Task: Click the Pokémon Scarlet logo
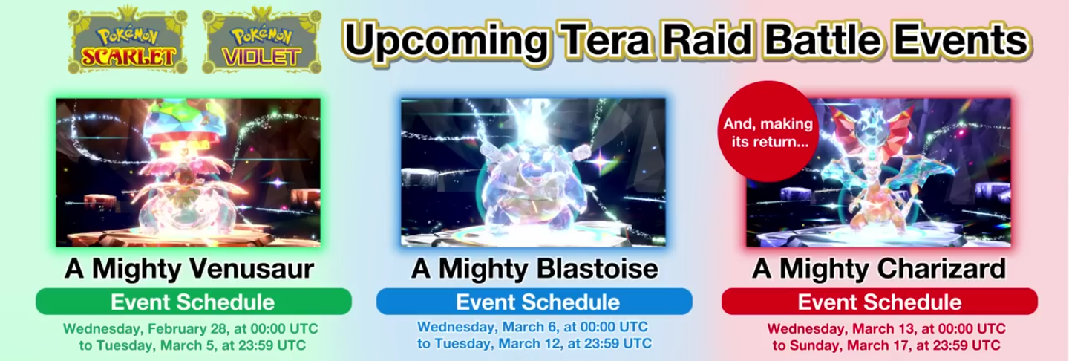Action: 128,41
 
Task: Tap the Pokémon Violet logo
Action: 261,41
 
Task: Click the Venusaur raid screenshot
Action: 188,172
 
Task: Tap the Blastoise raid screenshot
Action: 533,172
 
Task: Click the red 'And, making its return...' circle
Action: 768,131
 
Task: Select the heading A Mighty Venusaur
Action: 189,268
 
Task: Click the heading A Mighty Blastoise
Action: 534,268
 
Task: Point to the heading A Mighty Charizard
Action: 879,268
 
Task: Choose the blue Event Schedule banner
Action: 534,302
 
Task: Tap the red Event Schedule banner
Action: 880,302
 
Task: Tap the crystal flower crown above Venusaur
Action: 190,120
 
